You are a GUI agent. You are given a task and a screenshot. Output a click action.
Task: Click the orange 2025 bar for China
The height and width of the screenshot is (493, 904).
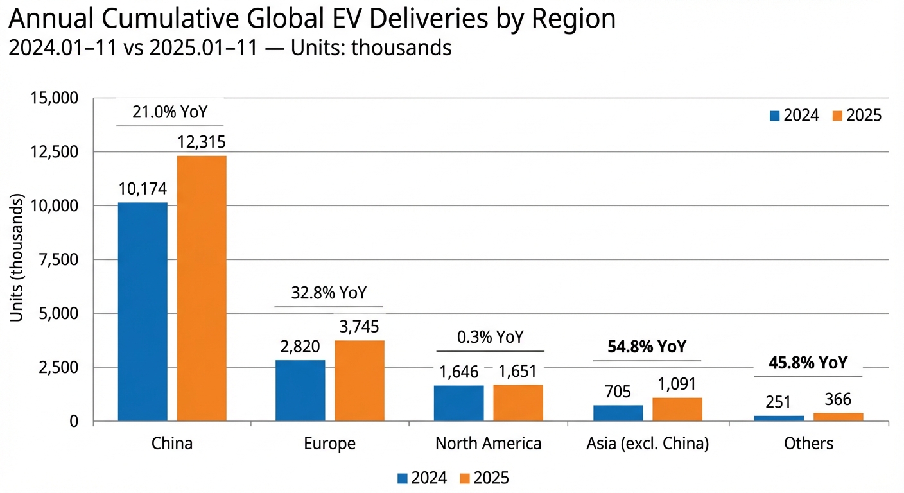(x=202, y=288)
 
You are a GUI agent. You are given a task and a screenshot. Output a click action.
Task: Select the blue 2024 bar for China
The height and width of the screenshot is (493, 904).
(x=143, y=312)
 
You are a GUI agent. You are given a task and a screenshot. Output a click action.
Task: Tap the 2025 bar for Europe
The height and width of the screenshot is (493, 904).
(x=360, y=381)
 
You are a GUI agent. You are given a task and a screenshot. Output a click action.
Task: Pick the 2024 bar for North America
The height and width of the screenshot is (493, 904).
(x=458, y=403)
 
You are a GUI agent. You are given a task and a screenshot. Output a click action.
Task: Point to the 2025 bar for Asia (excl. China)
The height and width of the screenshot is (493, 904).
(x=677, y=410)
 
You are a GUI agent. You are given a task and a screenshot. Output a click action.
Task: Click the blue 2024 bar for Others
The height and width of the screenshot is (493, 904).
(x=779, y=418)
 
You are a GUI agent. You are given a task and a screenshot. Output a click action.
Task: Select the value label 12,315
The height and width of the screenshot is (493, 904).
(x=202, y=142)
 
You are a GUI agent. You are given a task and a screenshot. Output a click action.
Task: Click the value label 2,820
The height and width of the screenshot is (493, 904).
(x=300, y=347)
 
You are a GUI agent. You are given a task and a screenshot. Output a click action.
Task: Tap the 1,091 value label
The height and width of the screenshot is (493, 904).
(x=677, y=385)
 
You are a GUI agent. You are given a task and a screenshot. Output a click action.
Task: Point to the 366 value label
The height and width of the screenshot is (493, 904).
(x=838, y=399)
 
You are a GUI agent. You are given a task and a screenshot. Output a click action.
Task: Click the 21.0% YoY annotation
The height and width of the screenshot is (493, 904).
(x=170, y=112)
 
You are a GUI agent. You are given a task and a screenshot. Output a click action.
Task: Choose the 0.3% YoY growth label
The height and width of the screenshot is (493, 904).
(x=490, y=337)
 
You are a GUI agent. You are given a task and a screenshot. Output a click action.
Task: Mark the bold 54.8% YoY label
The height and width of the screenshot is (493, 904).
(x=647, y=347)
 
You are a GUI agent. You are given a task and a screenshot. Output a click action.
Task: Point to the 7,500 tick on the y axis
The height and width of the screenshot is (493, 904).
(x=59, y=260)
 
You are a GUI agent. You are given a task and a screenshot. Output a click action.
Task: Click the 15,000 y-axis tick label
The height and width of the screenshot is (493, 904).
(x=54, y=98)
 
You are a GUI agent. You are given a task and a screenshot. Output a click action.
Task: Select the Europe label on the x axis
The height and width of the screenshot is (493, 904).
(x=330, y=444)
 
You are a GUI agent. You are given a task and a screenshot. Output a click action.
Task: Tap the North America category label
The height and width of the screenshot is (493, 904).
(x=488, y=444)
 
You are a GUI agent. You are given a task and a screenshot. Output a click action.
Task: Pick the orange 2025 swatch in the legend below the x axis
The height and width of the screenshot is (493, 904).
(x=465, y=478)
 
